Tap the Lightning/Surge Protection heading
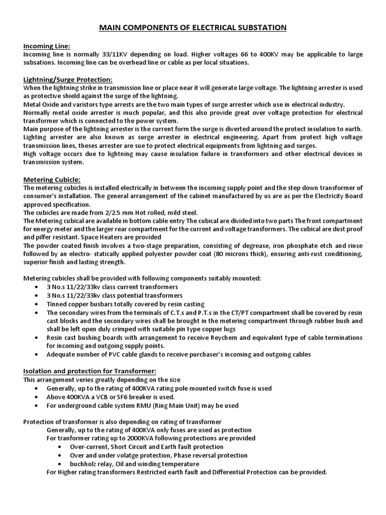[68, 79]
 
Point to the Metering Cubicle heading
[52, 180]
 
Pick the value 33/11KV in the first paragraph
[96, 54]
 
